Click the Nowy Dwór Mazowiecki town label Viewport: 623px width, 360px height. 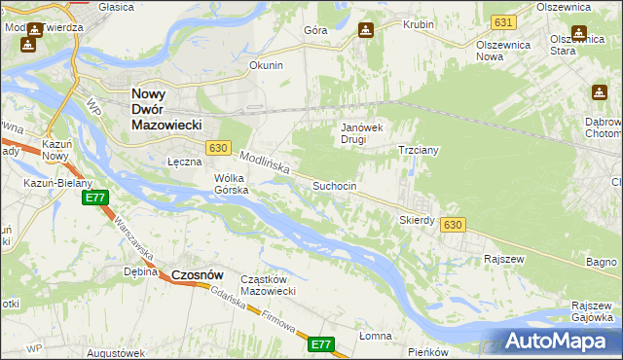pyautogui.click(x=165, y=110)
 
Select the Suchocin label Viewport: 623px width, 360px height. pyautogui.click(x=334, y=185)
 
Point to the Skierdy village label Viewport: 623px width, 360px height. pyautogui.click(x=417, y=220)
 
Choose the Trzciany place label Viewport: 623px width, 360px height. pyautogui.click(x=421, y=151)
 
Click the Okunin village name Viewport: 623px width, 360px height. pyautogui.click(x=266, y=66)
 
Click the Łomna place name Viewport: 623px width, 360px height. pyautogui.click(x=375, y=336)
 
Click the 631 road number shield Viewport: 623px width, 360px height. pyautogui.click(x=502, y=21)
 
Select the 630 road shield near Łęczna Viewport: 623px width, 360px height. pyautogui.click(x=218, y=148)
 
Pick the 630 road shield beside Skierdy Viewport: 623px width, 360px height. pyautogui.click(x=452, y=225)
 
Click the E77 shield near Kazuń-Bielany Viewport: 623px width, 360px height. pyautogui.click(x=94, y=198)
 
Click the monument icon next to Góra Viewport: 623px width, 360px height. pyautogui.click(x=365, y=30)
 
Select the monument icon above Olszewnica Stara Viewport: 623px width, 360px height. pyautogui.click(x=581, y=31)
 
